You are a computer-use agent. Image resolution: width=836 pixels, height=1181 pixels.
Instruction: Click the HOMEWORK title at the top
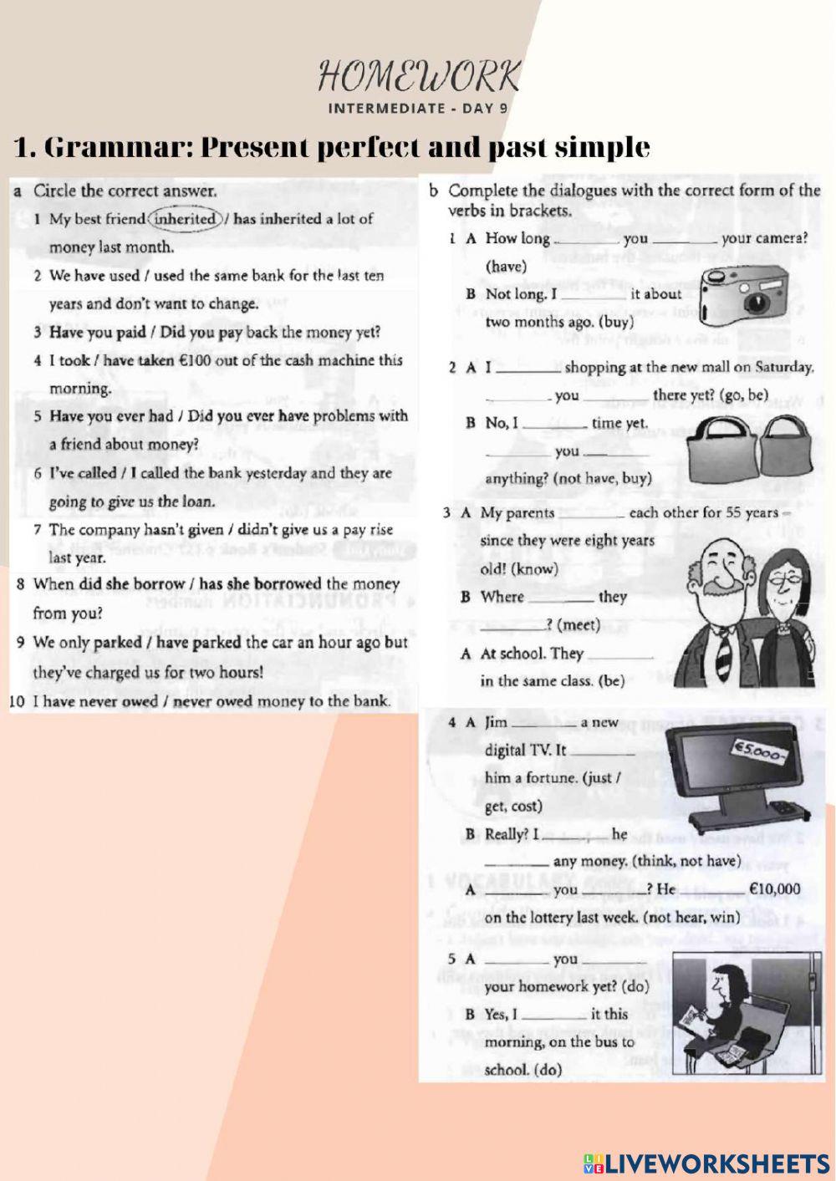(419, 77)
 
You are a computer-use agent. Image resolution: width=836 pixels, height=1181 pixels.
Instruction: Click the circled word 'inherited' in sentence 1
(186, 219)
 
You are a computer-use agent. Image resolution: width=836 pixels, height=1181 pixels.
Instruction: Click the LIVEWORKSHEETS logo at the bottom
(706, 1163)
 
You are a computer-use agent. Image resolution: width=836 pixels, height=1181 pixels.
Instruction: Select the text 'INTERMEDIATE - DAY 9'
(418, 108)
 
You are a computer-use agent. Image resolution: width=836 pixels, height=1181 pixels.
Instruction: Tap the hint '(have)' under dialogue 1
(507, 267)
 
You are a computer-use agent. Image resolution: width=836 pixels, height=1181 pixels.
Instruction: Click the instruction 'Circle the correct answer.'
(125, 191)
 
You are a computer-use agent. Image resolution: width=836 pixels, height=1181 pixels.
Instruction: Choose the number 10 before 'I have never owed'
(18, 701)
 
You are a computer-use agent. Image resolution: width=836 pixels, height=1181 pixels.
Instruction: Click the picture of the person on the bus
(737, 1016)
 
